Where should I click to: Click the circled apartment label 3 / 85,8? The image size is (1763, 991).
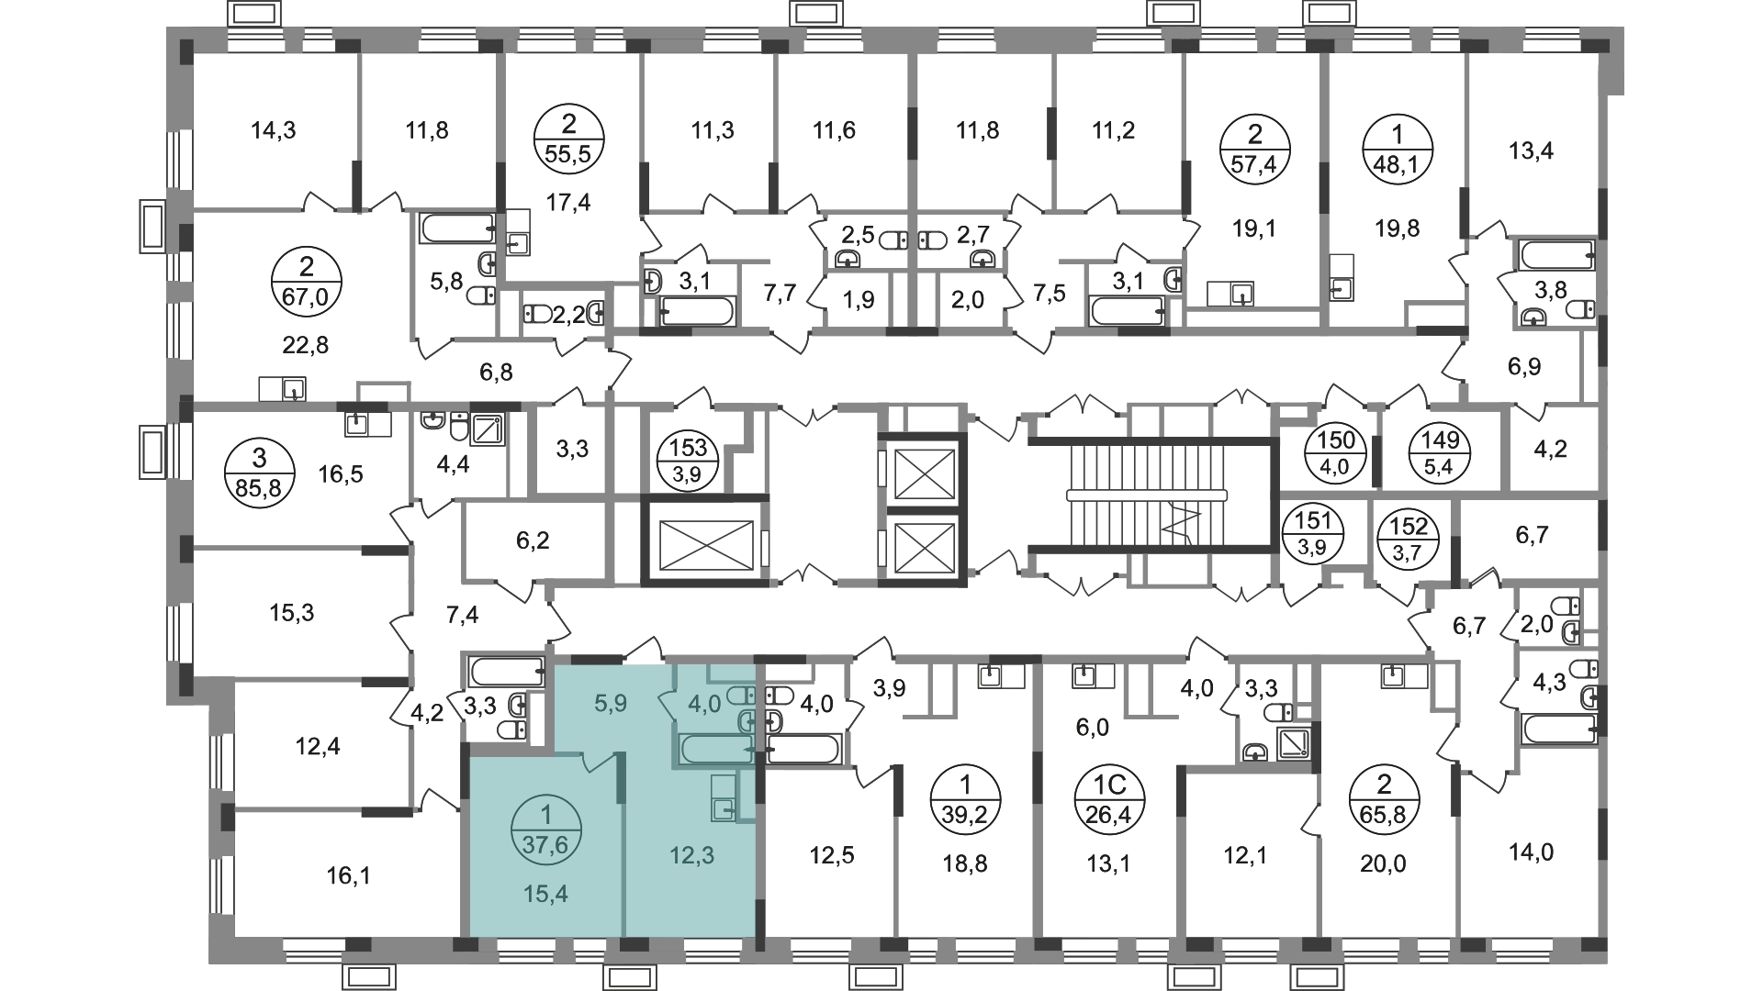click(260, 473)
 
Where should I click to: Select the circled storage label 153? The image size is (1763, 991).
click(689, 461)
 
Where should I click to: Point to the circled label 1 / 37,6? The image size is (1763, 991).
click(546, 829)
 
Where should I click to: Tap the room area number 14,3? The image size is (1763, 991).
click(274, 130)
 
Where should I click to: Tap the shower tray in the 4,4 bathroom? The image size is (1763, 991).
click(488, 428)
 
